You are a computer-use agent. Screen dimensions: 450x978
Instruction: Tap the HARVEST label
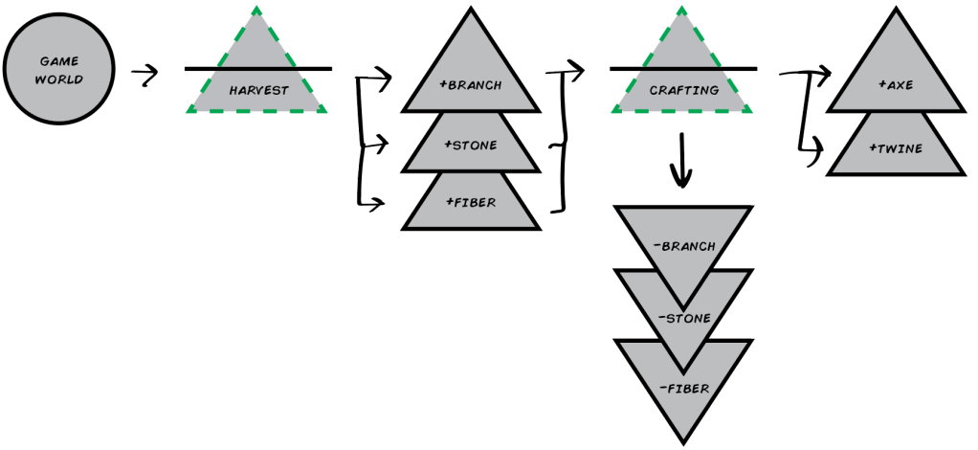258,91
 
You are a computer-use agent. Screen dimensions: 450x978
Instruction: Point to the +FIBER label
470,203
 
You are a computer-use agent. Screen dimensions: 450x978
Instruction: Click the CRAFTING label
683,91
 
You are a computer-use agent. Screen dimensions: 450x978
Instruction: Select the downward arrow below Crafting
681,163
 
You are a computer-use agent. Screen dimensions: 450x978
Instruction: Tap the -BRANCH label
683,246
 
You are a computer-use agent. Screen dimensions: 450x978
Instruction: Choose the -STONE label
683,318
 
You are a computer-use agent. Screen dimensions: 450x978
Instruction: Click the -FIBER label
683,388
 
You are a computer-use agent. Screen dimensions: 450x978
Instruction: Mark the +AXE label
896,85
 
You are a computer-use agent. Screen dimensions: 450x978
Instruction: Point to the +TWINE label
896,150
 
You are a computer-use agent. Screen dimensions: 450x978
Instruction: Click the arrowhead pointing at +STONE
385,146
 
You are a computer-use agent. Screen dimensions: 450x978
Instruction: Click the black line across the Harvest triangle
258,69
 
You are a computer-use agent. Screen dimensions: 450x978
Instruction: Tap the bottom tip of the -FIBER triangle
683,442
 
